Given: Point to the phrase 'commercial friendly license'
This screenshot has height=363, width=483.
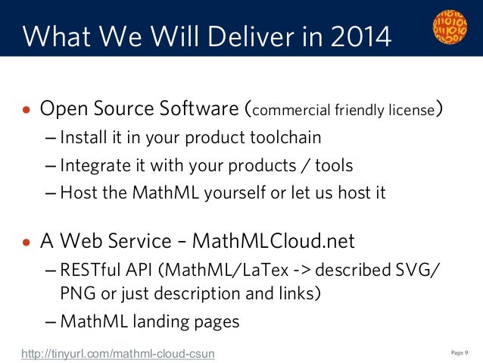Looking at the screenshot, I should click(342, 111).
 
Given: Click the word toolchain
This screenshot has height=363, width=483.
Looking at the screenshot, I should click(284, 138).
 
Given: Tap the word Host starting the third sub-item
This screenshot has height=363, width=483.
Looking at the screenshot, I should click(77, 192).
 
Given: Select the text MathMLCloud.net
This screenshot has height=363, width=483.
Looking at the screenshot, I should click(273, 241).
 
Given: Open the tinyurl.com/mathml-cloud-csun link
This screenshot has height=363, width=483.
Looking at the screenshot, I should click(118, 352).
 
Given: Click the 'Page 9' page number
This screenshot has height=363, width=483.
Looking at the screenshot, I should click(460, 352).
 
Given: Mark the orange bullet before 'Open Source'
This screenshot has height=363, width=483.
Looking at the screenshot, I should click(26, 111).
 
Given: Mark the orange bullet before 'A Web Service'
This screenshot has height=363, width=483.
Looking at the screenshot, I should click(26, 243).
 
